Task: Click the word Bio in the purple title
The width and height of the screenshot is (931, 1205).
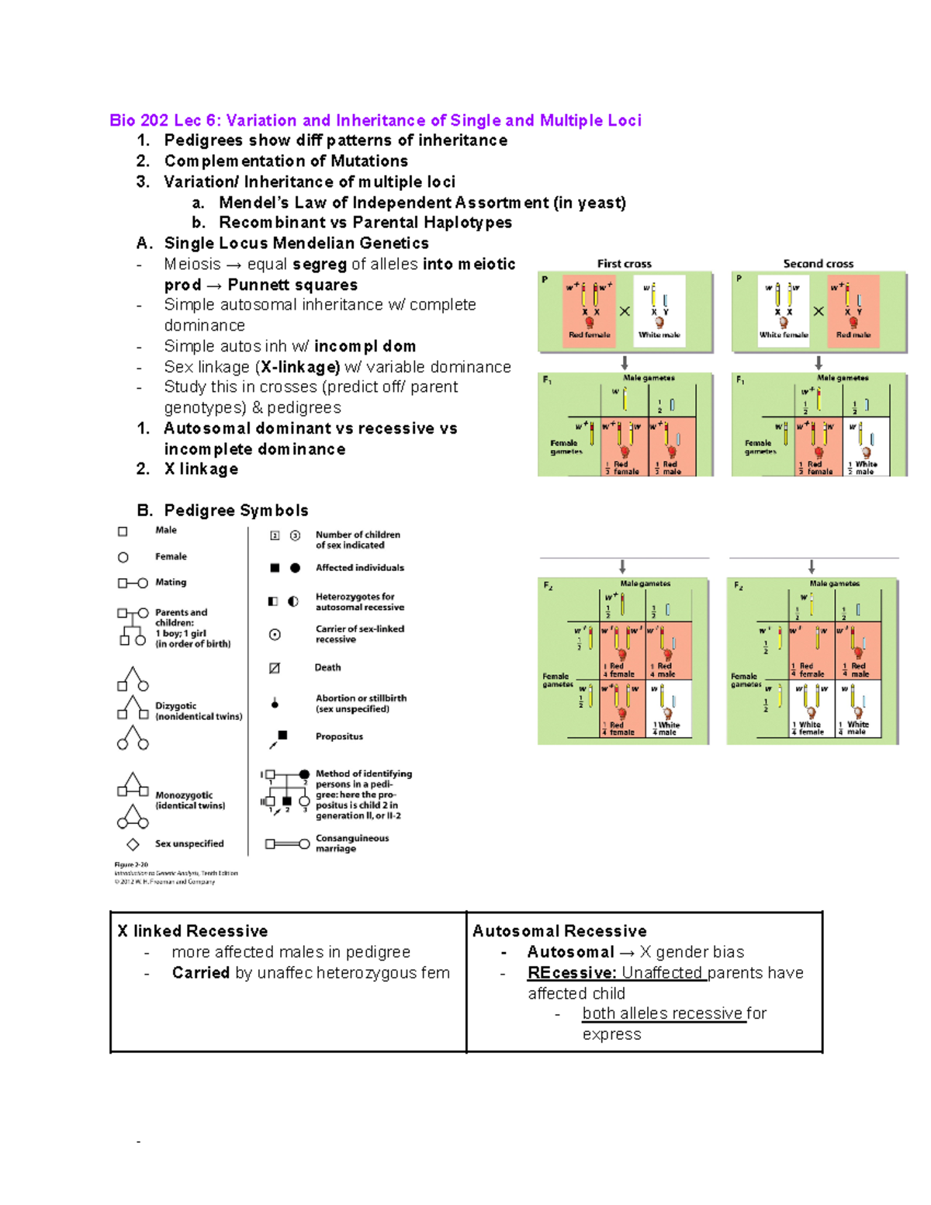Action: (123, 120)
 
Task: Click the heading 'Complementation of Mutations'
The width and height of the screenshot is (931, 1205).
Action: (286, 161)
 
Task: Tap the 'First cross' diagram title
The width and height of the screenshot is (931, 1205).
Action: (624, 264)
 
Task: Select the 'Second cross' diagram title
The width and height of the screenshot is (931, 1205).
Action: (818, 264)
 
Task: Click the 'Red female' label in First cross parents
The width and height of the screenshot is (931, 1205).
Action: (589, 335)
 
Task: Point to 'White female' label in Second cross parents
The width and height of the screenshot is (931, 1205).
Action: (783, 335)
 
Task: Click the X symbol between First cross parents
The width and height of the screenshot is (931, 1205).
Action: (625, 311)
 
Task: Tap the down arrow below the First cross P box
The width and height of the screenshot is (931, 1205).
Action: (625, 362)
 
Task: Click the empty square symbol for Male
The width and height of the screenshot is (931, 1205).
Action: (123, 532)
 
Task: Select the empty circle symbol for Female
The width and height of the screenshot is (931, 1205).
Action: (123, 557)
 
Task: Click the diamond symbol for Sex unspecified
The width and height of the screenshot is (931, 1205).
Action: (133, 844)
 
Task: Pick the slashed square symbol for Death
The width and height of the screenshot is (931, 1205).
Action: (274, 668)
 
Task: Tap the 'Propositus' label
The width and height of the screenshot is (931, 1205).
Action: (339, 736)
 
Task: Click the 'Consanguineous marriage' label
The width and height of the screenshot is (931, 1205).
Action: (351, 843)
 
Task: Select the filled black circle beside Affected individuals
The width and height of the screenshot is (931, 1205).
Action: (295, 568)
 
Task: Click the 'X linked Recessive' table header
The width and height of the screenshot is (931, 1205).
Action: (192, 931)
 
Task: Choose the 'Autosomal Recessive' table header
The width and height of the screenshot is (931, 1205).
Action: (559, 931)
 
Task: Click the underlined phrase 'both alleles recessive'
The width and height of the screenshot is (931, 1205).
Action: (663, 1013)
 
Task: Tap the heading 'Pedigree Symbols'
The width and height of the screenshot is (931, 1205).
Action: (236, 511)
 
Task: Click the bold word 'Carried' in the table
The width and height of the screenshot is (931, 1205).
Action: (201, 973)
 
